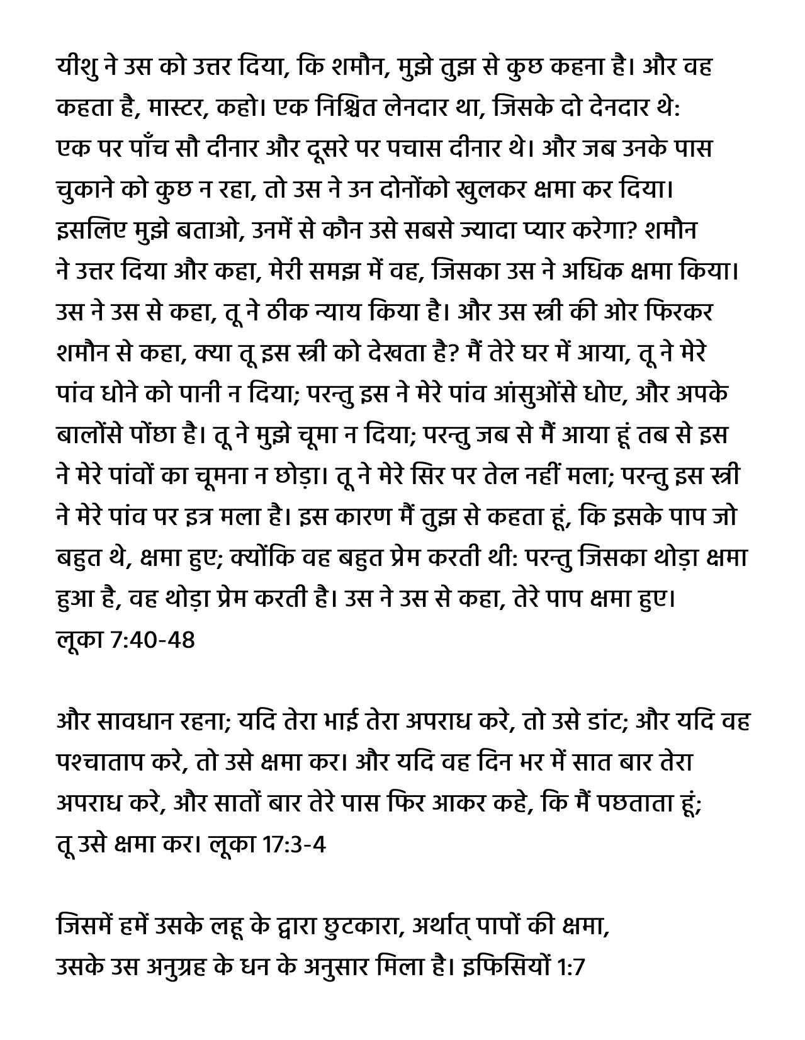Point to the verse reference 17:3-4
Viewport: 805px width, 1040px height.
point(295,845)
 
